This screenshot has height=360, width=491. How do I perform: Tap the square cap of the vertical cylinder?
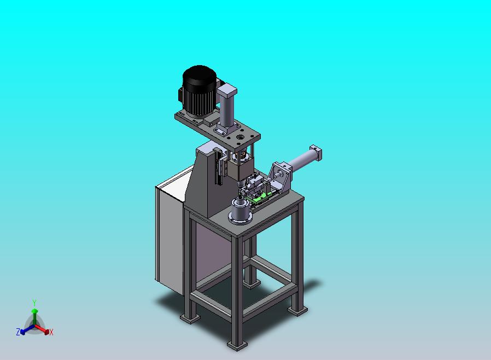[x=227, y=90]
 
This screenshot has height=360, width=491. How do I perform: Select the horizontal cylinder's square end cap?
[x=315, y=152]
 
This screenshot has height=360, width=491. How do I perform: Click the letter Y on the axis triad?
[x=34, y=303]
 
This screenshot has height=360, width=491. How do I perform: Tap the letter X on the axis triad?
[x=51, y=333]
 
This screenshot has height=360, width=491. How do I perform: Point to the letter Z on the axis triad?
[x=18, y=332]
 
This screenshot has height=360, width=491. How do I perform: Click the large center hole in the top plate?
[x=240, y=137]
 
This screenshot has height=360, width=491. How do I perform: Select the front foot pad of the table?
[x=237, y=346]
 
